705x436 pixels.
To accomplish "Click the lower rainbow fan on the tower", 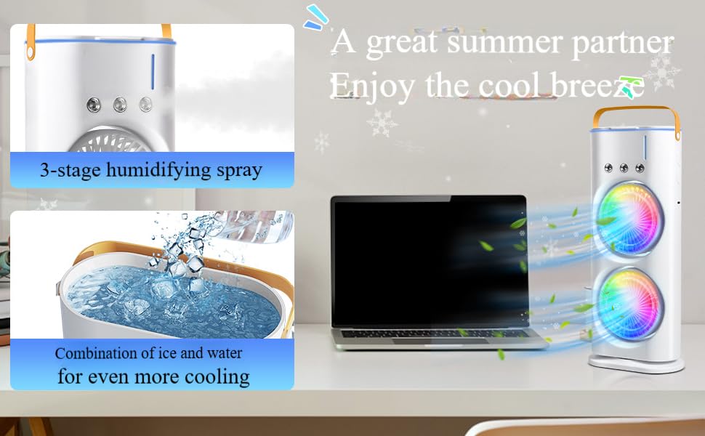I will click(x=627, y=304).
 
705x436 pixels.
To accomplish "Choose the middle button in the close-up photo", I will click(x=119, y=105).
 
